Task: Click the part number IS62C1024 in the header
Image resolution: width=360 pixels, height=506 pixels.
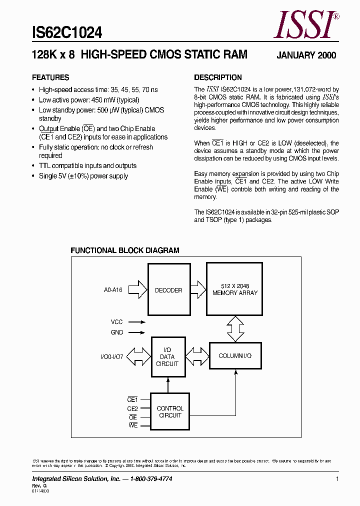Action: pos(67,33)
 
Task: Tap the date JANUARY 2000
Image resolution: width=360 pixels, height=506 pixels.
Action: pos(306,55)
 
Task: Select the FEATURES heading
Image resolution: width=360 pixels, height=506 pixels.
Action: pos(50,77)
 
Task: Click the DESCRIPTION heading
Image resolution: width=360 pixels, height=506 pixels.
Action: pos(217,77)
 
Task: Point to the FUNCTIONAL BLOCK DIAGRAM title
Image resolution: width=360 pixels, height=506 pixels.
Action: pos(124,250)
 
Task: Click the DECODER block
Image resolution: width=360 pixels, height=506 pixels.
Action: pos(168,290)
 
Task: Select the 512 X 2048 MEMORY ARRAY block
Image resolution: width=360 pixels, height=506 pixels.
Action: pos(234,289)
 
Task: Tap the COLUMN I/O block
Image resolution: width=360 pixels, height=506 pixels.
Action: pos(235,355)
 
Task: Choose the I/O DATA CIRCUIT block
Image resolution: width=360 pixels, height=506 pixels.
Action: pos(167,357)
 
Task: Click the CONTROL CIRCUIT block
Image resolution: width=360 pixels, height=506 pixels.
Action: pos(170,412)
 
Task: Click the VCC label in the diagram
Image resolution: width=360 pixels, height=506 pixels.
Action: pos(116,322)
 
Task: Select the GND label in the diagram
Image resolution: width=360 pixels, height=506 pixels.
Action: pos(116,332)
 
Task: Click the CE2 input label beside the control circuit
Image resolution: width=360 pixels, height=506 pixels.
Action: pos(132,408)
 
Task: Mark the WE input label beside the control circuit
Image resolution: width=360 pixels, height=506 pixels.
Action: pos(132,425)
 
